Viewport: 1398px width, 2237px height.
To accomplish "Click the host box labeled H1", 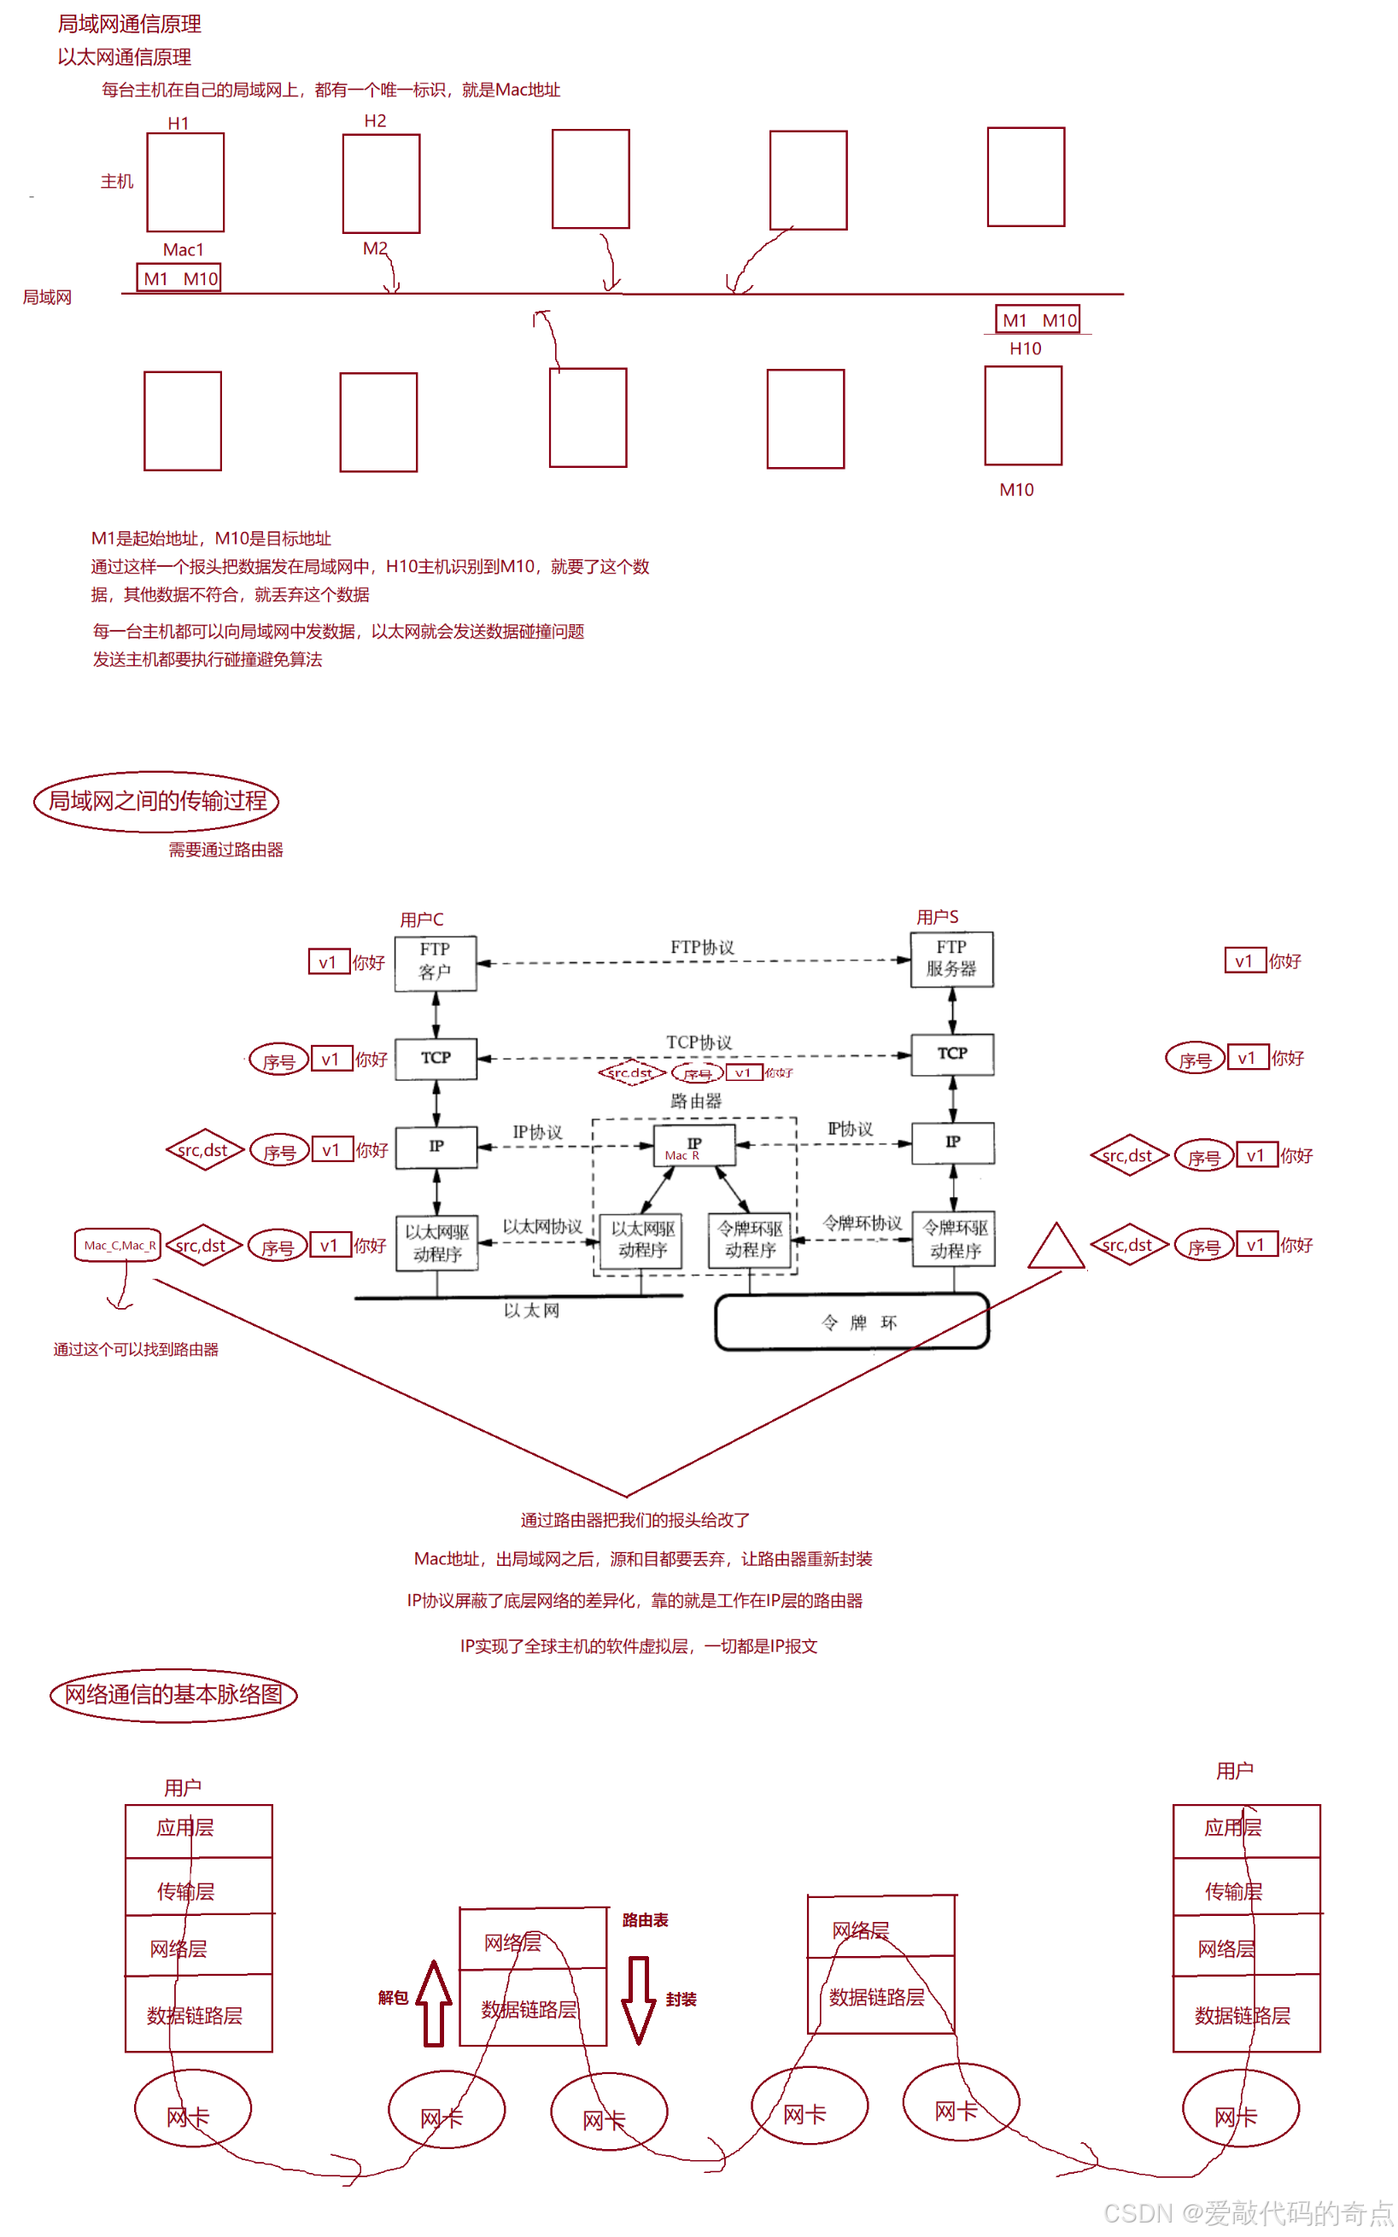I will [x=185, y=182].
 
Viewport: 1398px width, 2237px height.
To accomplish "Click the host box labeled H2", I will [x=381, y=183].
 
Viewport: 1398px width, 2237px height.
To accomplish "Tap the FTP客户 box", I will [x=436, y=962].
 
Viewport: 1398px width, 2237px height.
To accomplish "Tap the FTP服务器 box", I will [x=951, y=959].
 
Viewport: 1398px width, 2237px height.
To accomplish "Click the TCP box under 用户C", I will [x=436, y=1058].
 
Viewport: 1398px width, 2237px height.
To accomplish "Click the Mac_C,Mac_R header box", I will [x=119, y=1244].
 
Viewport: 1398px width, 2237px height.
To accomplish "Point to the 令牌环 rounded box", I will [x=851, y=1322].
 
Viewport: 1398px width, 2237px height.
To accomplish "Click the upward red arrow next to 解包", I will [x=434, y=2002].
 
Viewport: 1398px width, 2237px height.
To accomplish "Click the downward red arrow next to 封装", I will [x=638, y=1999].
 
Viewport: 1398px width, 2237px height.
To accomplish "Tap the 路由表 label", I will [x=645, y=1920].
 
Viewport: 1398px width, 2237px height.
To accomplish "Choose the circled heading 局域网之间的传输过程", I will [x=156, y=801].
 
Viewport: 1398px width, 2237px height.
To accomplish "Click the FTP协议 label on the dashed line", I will [x=702, y=948].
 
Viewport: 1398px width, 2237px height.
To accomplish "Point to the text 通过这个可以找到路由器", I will [x=136, y=1349].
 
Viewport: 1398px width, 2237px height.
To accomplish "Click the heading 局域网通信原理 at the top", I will [x=130, y=24].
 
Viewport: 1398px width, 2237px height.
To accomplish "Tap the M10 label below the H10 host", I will [x=1016, y=489].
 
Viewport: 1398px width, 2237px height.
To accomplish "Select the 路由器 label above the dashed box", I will [x=695, y=1100].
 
